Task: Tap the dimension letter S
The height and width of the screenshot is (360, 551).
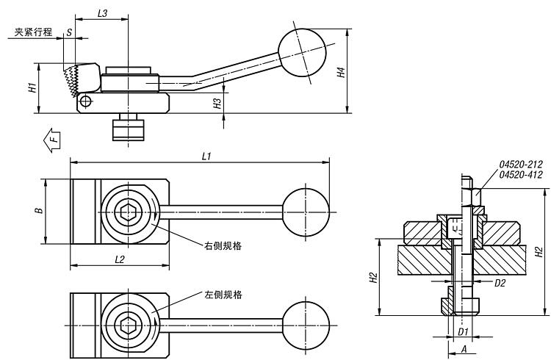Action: click(x=69, y=32)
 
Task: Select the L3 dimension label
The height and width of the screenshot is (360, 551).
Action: click(x=103, y=13)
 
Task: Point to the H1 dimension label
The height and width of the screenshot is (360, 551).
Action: click(x=32, y=87)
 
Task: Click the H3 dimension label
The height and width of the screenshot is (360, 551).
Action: click(x=217, y=104)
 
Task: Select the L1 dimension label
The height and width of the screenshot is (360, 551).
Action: click(x=206, y=156)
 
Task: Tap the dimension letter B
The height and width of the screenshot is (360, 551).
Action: click(x=39, y=211)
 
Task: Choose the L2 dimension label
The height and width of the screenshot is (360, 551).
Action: click(x=120, y=259)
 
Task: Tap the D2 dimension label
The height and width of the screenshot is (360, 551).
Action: click(x=499, y=281)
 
